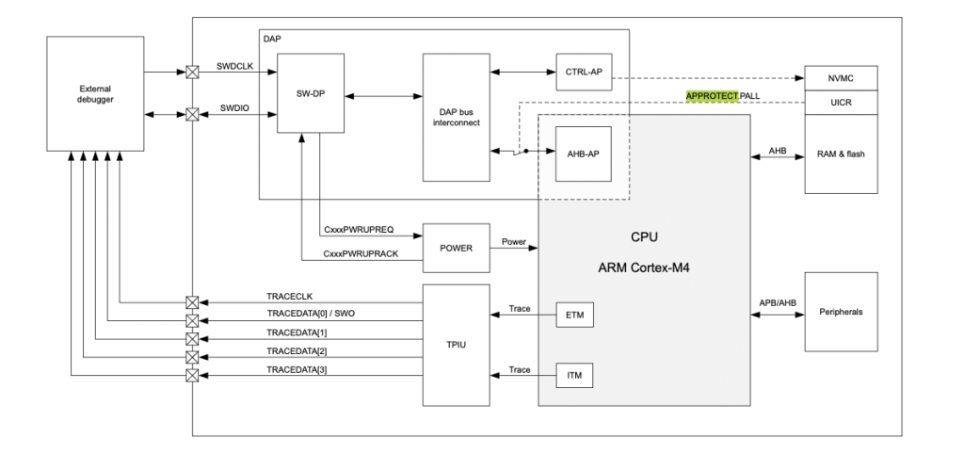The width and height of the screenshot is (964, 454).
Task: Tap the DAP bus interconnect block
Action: (457, 118)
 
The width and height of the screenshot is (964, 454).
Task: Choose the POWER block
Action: (457, 248)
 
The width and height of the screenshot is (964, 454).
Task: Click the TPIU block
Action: (457, 344)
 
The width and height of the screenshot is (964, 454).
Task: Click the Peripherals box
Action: (841, 311)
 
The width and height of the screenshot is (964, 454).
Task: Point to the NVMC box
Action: (841, 78)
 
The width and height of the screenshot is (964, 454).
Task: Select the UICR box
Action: (841, 101)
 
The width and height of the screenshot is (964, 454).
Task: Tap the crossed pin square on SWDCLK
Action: (193, 71)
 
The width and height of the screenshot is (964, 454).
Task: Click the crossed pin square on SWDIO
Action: (193, 115)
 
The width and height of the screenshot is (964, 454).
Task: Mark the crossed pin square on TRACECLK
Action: (193, 303)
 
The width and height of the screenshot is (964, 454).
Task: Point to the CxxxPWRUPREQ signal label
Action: (359, 229)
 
